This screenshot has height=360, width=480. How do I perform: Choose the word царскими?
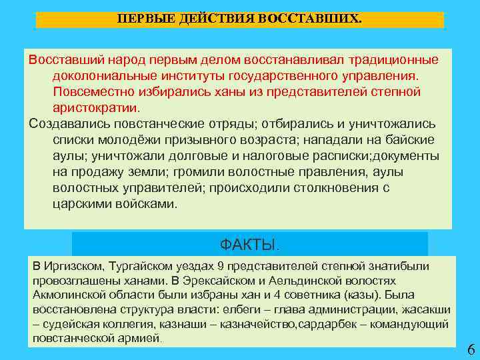(x=77, y=203)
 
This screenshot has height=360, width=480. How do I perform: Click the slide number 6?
(x=471, y=350)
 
